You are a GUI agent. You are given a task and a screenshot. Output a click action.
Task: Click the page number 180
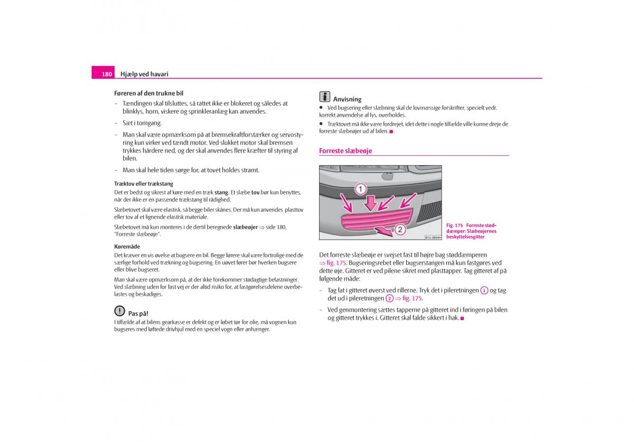click(x=107, y=74)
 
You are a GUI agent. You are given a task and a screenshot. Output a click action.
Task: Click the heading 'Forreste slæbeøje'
click(x=346, y=151)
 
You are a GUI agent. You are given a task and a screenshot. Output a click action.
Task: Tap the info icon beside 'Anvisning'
click(x=324, y=97)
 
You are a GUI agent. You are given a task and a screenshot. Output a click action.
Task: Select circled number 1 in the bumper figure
click(x=360, y=189)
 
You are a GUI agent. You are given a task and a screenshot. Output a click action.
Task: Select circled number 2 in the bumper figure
click(x=400, y=229)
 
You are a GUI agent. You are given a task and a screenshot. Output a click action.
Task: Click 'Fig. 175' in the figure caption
click(x=454, y=226)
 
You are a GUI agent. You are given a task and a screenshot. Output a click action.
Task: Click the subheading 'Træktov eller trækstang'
click(x=144, y=184)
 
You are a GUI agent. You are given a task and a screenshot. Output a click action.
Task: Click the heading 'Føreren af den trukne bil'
click(x=148, y=93)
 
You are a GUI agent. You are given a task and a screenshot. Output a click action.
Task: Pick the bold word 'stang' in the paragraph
click(x=221, y=193)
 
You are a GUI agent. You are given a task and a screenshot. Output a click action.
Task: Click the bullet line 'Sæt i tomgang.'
click(x=142, y=123)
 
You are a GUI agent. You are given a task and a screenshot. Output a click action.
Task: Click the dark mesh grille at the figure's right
click(x=428, y=211)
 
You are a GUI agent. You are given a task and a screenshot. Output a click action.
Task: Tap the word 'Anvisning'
click(x=347, y=99)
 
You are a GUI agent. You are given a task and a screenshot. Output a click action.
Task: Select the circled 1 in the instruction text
click(x=484, y=291)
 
